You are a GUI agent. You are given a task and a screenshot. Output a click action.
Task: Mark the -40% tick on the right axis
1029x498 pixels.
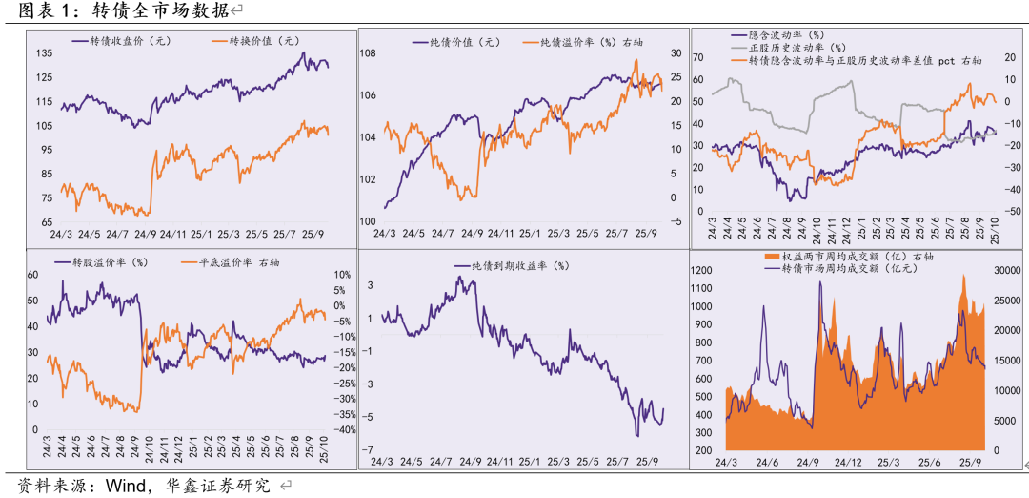[x=344, y=429]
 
